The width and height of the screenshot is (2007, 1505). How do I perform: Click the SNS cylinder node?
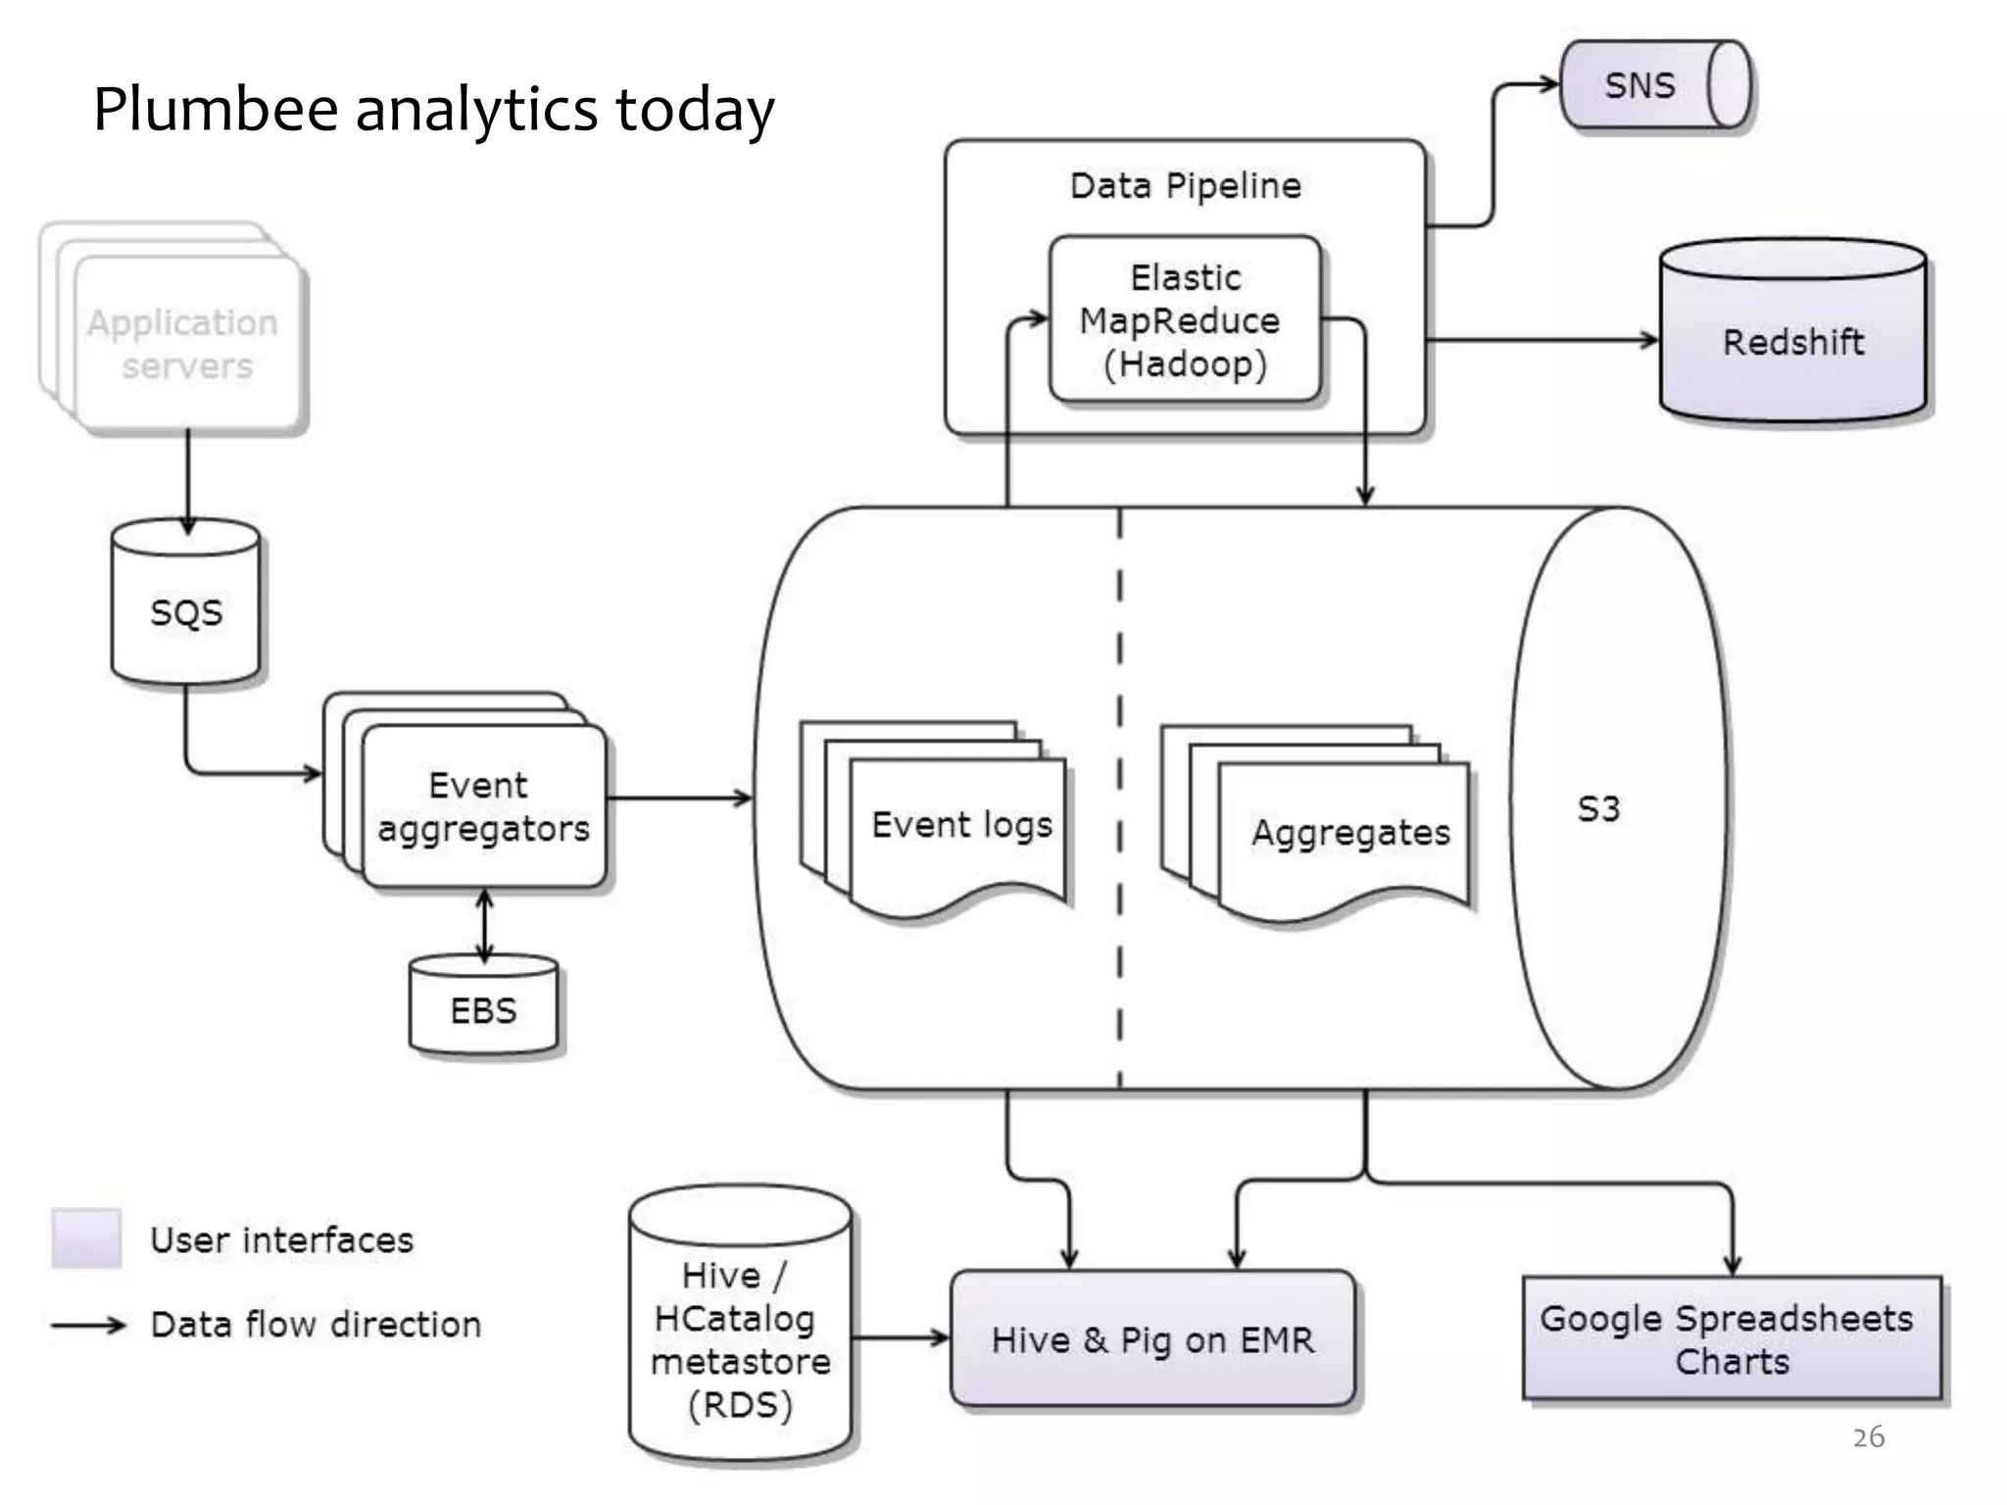(x=1654, y=85)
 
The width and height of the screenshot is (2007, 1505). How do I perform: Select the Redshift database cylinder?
(x=1792, y=341)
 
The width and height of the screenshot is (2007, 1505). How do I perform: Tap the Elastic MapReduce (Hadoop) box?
(x=1185, y=320)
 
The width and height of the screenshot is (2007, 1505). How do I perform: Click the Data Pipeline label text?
(x=1185, y=185)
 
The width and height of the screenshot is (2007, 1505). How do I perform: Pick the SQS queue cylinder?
(x=185, y=611)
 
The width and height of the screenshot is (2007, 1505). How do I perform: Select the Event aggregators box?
(x=482, y=806)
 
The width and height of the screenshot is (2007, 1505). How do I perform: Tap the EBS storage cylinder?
(x=483, y=1009)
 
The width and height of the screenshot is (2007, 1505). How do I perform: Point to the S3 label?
(x=1598, y=809)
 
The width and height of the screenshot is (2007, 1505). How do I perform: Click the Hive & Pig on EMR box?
(x=1152, y=1339)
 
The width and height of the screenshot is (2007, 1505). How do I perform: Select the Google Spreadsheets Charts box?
(x=1731, y=1338)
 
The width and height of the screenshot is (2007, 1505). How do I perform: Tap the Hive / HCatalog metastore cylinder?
(x=740, y=1338)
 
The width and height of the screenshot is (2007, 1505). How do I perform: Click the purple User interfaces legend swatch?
(x=86, y=1238)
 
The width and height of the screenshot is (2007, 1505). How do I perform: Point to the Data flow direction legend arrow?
(x=88, y=1326)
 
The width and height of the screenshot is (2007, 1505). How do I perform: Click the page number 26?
(x=1868, y=1437)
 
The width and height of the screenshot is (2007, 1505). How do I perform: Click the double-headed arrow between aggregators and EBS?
(x=484, y=924)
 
